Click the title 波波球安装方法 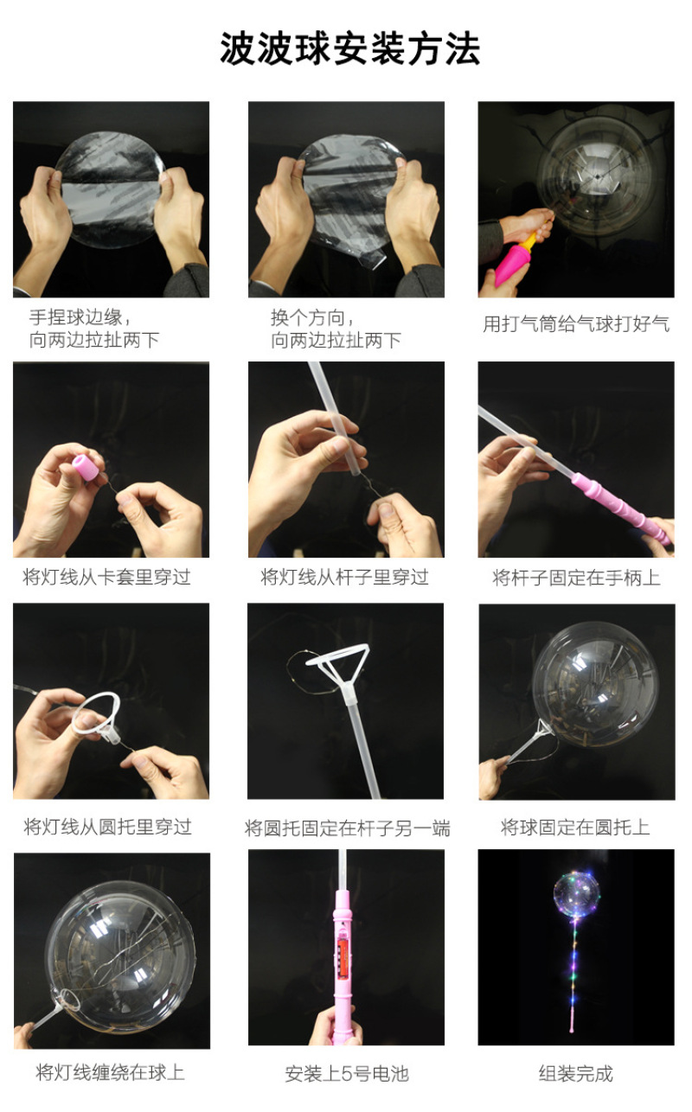pyautogui.click(x=350, y=48)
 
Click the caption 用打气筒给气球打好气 pyautogui.click(x=576, y=324)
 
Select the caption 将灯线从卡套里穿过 pyautogui.click(x=106, y=577)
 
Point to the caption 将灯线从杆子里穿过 pyautogui.click(x=345, y=577)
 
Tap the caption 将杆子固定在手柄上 pyautogui.click(x=576, y=578)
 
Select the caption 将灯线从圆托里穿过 pyautogui.click(x=108, y=827)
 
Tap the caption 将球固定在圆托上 pyautogui.click(x=575, y=827)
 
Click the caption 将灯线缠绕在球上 pyautogui.click(x=110, y=1072)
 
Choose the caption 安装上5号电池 pyautogui.click(x=347, y=1073)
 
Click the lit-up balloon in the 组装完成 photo pyautogui.click(x=577, y=893)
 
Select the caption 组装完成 pyautogui.click(x=576, y=1073)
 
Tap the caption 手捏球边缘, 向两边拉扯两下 pyautogui.click(x=94, y=328)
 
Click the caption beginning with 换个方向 pyautogui.click(x=336, y=329)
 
